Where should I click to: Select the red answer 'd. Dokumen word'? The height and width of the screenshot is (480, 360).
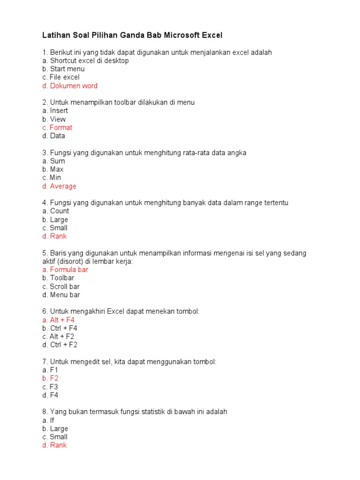(70, 86)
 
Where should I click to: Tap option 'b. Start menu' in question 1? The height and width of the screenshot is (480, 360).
(63, 69)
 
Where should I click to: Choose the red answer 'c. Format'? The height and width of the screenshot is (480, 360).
(57, 127)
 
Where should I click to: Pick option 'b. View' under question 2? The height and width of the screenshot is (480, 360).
(54, 119)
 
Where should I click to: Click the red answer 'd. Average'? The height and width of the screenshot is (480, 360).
(59, 186)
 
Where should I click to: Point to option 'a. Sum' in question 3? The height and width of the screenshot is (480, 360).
(53, 161)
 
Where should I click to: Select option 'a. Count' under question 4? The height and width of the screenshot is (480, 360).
(55, 211)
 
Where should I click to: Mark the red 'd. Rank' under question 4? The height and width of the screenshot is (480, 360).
(54, 236)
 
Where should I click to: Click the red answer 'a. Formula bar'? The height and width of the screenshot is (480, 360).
(65, 270)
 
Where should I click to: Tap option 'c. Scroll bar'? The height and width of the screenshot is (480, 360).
(61, 286)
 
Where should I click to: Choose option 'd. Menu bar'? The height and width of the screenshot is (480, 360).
(61, 295)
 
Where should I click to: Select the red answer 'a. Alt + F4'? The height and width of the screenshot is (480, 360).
(59, 320)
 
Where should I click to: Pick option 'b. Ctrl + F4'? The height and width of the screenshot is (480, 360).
(60, 328)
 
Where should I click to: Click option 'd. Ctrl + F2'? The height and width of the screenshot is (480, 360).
(60, 345)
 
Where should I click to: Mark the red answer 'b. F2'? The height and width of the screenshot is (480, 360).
(50, 378)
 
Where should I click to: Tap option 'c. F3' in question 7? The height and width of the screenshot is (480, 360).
(50, 387)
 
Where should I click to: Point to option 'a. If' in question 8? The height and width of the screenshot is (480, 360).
(48, 420)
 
